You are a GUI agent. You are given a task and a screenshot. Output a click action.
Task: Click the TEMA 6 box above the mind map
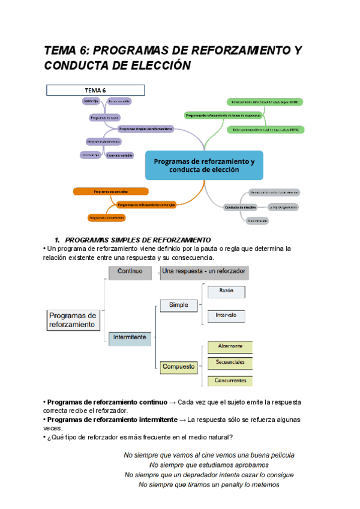click(96, 90)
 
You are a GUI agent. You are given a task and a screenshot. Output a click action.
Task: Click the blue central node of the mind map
click(204, 165)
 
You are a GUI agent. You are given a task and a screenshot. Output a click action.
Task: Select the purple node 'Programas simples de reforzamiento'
click(146, 128)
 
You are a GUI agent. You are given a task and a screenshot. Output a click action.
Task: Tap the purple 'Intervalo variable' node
click(119, 155)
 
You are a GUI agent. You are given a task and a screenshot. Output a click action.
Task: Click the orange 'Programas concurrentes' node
click(105, 217)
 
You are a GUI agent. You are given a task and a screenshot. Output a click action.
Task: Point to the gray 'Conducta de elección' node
click(240, 207)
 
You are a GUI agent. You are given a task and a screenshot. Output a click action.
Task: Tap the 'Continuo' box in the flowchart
click(130, 272)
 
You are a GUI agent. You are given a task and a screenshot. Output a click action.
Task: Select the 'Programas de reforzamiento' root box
click(72, 320)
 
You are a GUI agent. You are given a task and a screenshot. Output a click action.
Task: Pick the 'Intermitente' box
click(130, 338)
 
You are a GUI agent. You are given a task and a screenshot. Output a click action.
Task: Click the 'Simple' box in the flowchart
click(178, 305)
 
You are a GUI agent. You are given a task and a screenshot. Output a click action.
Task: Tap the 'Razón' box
click(226, 292)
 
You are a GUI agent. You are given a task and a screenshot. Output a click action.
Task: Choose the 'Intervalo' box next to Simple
click(226, 315)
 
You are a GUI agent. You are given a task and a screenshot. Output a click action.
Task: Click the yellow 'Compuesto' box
click(178, 366)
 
